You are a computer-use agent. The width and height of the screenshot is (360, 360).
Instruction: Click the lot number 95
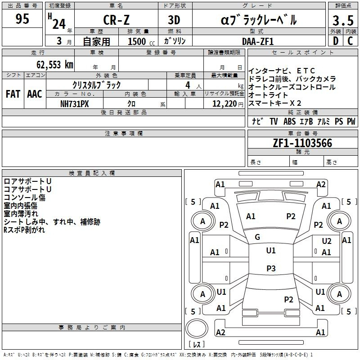[22, 19]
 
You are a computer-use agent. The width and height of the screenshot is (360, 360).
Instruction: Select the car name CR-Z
[116, 20]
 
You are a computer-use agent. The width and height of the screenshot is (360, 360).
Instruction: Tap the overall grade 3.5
[343, 21]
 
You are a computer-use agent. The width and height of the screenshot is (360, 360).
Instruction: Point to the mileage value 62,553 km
[55, 65]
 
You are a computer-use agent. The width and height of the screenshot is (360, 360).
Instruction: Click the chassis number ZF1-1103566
[302, 143]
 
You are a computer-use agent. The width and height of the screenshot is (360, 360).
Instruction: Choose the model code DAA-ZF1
[258, 41]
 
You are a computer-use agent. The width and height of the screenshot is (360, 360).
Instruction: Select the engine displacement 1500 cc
[141, 41]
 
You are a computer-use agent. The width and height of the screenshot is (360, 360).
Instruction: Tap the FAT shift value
[13, 94]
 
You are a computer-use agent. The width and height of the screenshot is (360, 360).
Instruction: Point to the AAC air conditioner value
[35, 94]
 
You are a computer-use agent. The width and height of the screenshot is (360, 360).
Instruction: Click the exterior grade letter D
[336, 41]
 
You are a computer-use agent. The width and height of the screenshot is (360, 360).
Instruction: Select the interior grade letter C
[350, 41]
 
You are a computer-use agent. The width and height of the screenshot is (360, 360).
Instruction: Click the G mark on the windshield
[257, 237]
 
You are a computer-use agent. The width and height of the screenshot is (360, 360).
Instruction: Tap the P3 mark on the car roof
[271, 268]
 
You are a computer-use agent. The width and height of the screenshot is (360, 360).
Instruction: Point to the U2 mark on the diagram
[327, 241]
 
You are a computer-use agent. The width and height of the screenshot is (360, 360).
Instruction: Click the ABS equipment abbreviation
[289, 121]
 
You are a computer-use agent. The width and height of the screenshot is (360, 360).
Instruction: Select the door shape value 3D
[174, 20]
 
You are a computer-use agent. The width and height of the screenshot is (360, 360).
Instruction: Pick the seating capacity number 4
[188, 85]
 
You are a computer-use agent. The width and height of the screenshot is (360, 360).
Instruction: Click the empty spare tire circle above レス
[197, 329]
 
